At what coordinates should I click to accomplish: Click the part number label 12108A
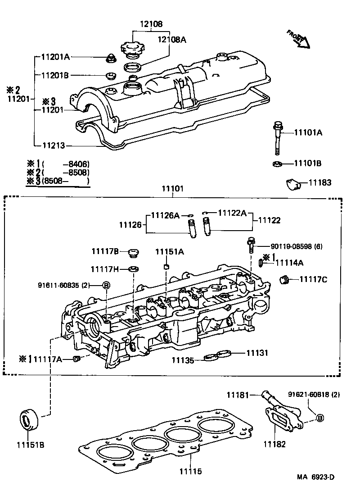(x=171, y=39)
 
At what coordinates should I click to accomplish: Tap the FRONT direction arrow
(x=299, y=39)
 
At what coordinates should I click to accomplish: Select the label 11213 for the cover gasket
(x=54, y=145)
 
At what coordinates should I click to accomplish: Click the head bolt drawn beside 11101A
(x=277, y=137)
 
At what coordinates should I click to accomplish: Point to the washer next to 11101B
(x=277, y=164)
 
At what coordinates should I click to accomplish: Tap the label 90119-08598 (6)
(x=297, y=246)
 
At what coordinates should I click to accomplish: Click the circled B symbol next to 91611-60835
(x=106, y=285)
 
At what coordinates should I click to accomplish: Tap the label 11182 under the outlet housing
(x=274, y=444)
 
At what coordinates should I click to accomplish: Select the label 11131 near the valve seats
(x=257, y=353)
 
